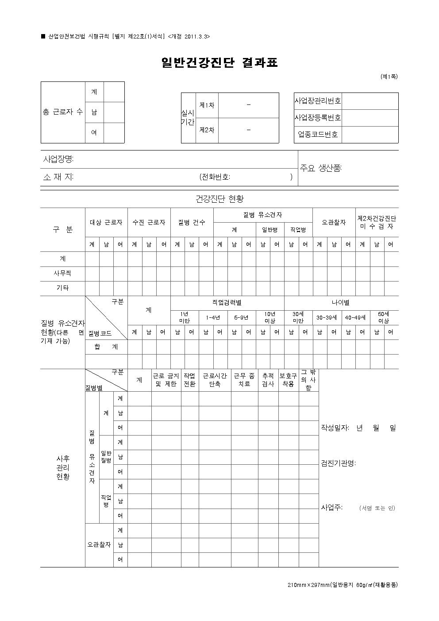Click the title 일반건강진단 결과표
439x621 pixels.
pyautogui.click(x=219, y=63)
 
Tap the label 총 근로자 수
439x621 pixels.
pyautogui.click(x=62, y=112)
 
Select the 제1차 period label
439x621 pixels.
pyautogui.click(x=207, y=105)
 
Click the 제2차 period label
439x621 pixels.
pyautogui.click(x=207, y=130)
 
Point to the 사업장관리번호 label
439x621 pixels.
pyautogui.click(x=318, y=101)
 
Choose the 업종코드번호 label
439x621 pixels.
pyautogui.click(x=318, y=135)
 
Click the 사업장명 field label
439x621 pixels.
pyautogui.click(x=58, y=159)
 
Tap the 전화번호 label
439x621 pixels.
pyautogui.click(x=215, y=177)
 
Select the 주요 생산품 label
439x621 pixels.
pyautogui.click(x=321, y=168)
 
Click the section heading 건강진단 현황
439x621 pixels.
pyautogui.click(x=219, y=199)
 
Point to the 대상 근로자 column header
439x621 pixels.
pyautogui.click(x=106, y=222)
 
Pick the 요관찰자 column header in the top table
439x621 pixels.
pyautogui.click(x=334, y=222)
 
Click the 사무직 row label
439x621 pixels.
pyautogui.click(x=62, y=274)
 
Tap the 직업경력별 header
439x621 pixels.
pyautogui.click(x=227, y=303)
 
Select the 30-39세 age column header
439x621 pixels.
pyautogui.click(x=327, y=317)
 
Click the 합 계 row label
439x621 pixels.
pyautogui.click(x=106, y=347)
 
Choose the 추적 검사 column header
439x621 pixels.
pyautogui.click(x=268, y=380)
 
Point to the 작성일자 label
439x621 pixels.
pyautogui.click(x=335, y=428)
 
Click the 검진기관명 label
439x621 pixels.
pyautogui.click(x=338, y=463)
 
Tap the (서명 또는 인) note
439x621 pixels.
pyautogui.click(x=377, y=508)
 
